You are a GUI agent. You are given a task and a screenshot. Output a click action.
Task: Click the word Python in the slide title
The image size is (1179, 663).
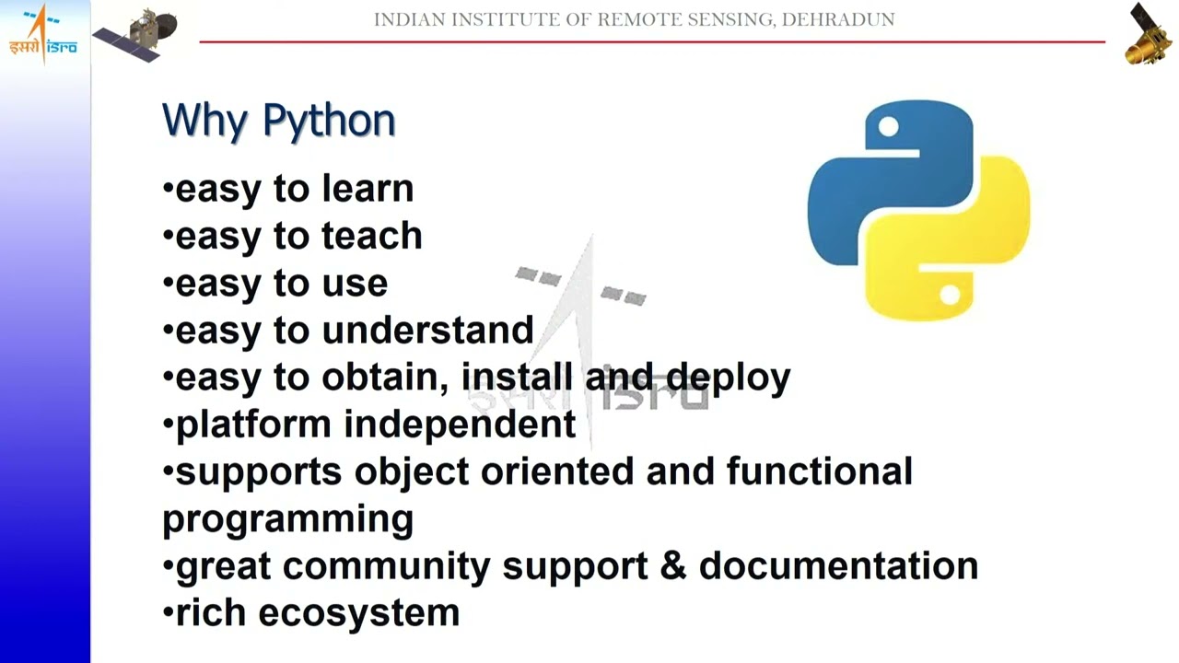(x=329, y=122)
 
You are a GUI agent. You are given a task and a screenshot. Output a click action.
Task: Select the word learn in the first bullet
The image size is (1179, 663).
(x=368, y=189)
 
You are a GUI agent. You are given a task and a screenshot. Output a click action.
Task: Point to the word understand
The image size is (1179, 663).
(x=427, y=330)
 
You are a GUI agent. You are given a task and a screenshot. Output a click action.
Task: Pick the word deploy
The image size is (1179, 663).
(x=728, y=378)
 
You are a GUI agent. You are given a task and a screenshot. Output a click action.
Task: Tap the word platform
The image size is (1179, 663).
(x=253, y=425)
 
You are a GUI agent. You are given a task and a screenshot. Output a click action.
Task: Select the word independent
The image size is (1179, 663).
(x=460, y=425)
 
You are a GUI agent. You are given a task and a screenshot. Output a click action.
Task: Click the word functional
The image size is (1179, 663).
(x=819, y=471)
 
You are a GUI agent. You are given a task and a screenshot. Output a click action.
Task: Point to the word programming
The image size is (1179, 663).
(x=287, y=519)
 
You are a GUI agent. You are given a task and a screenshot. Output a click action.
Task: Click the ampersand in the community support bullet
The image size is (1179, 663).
(x=673, y=565)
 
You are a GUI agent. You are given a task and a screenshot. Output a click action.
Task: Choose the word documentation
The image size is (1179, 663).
(x=838, y=565)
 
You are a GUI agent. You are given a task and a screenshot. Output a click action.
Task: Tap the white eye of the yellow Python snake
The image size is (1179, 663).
(x=951, y=296)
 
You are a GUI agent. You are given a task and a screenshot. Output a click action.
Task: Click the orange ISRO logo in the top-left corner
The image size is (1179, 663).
(x=42, y=35)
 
